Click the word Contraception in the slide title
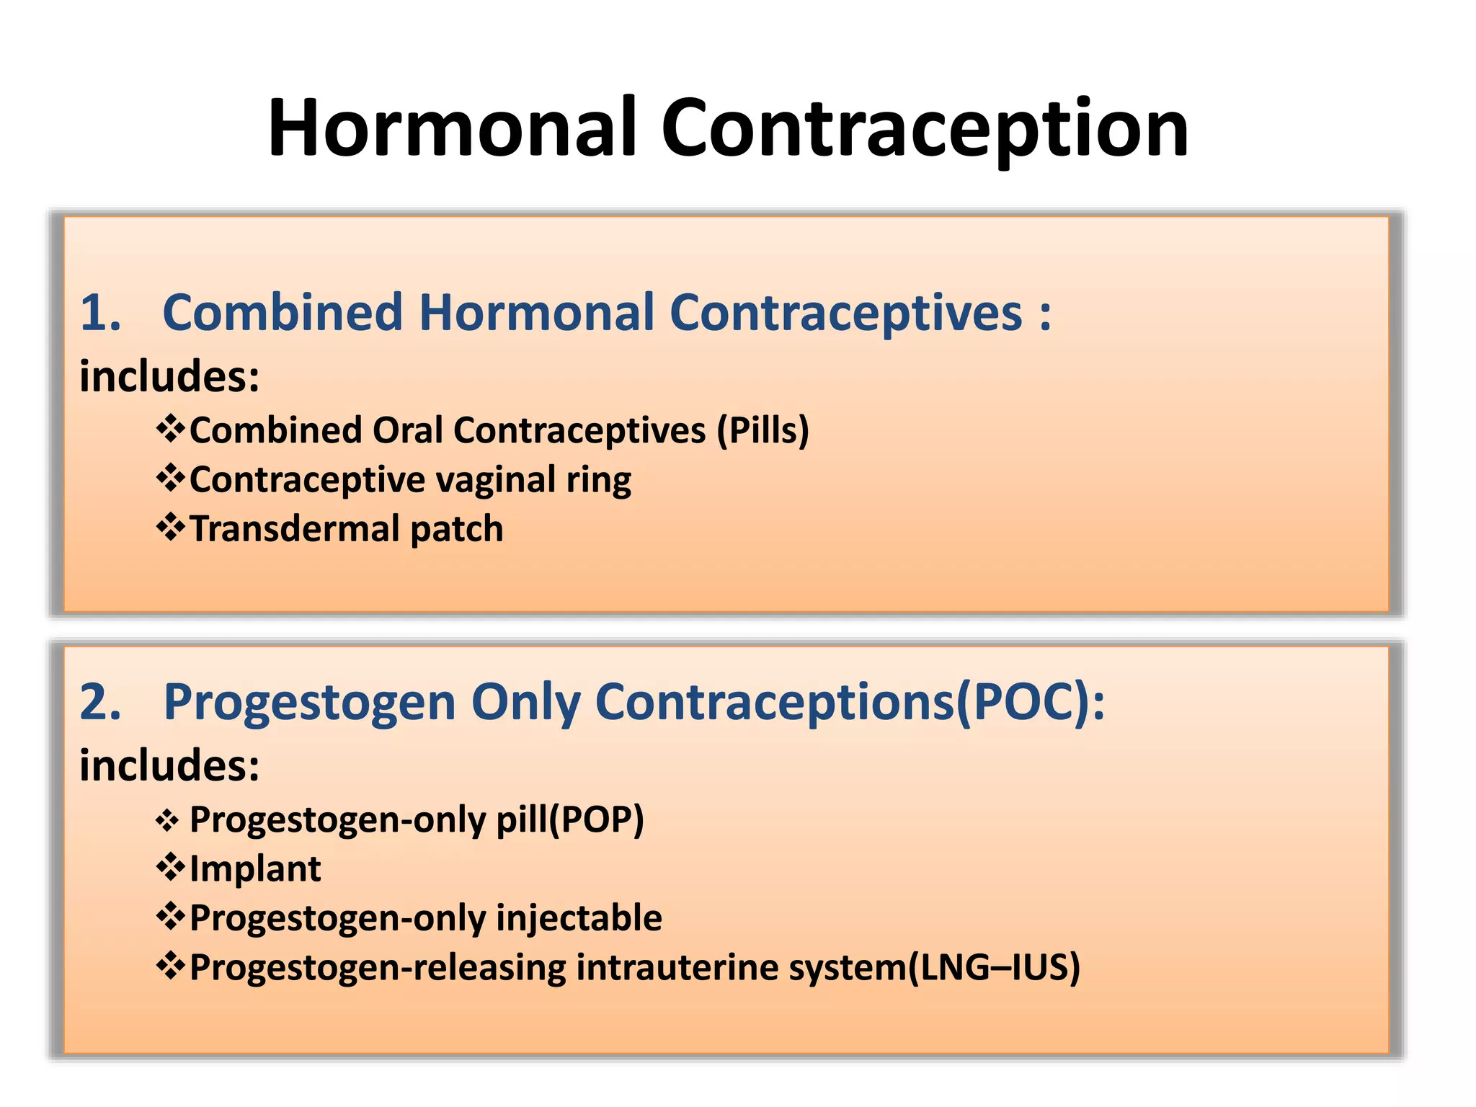coord(925,128)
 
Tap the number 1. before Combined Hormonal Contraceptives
coord(100,314)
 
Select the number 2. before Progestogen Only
coord(100,702)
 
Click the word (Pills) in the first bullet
coord(763,430)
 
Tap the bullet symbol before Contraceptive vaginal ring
coord(171,479)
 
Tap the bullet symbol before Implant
coord(171,867)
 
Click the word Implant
coord(255,869)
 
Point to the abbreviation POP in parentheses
coord(595,819)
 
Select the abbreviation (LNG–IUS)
coord(994,967)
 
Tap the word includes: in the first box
coord(169,376)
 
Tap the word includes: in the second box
coord(169,765)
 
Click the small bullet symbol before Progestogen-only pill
coord(167,821)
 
